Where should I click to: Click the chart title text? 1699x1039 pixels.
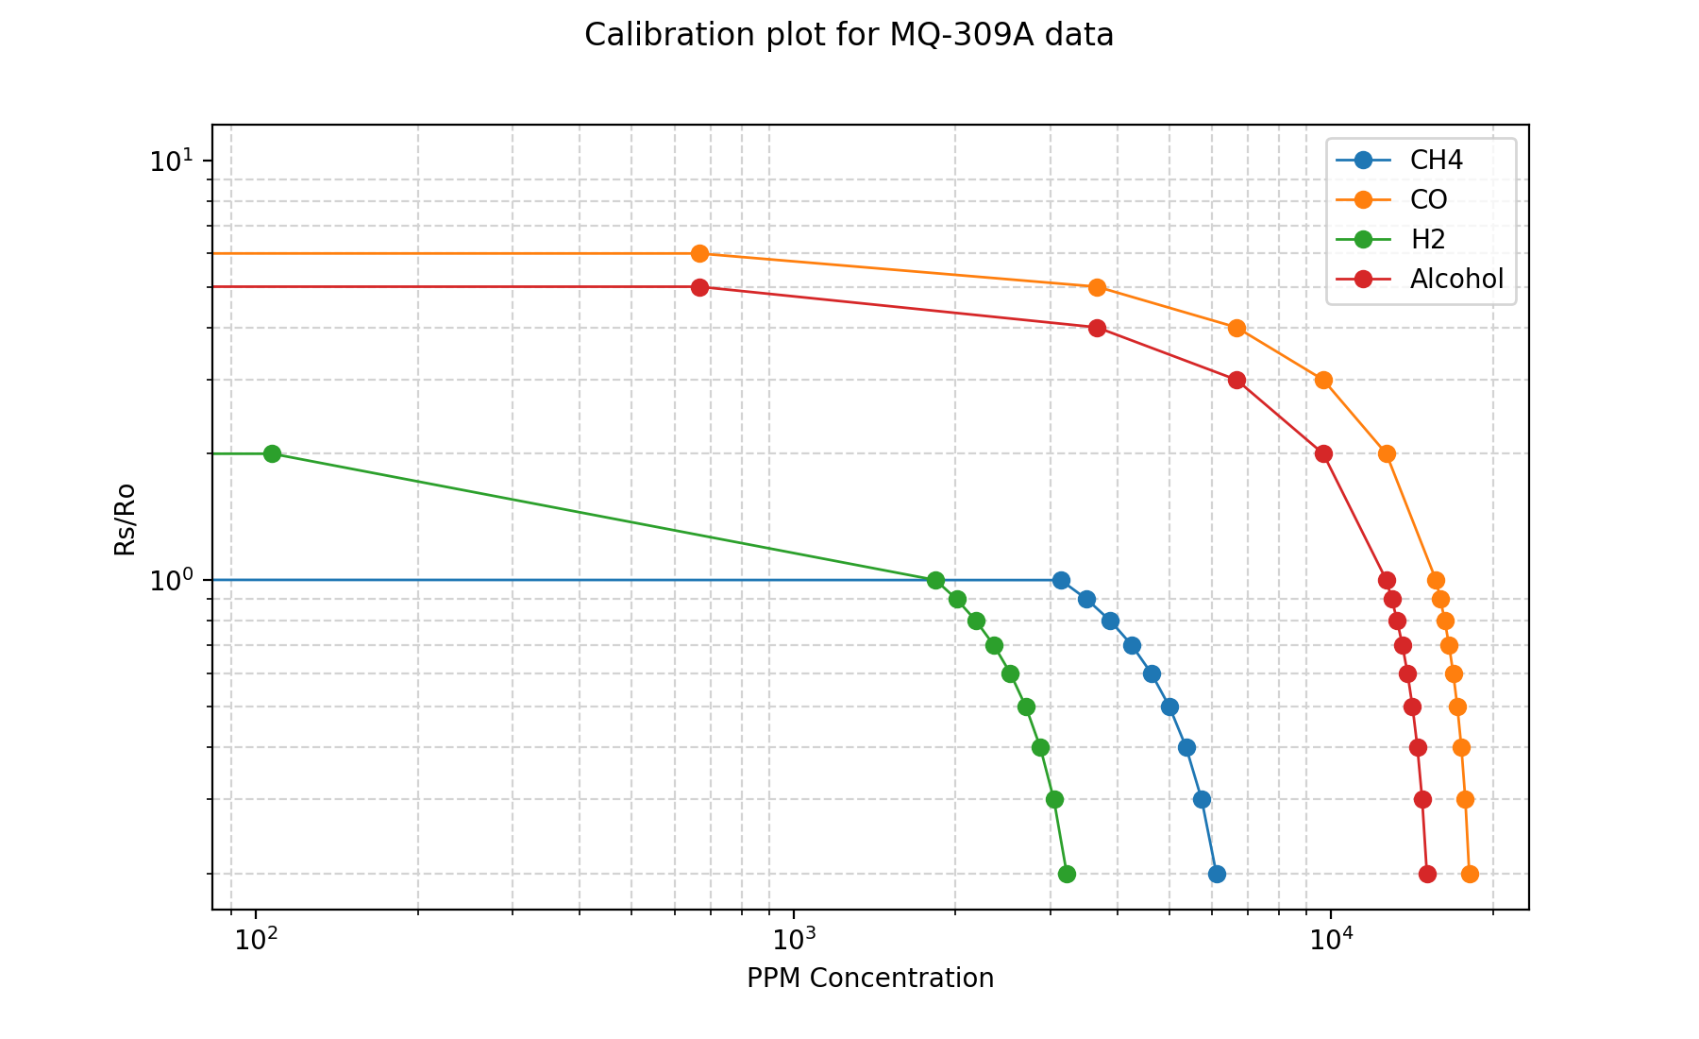coord(849,35)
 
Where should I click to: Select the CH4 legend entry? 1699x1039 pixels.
coord(1436,161)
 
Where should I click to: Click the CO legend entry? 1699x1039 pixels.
coord(1428,200)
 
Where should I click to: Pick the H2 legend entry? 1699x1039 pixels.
coord(1427,240)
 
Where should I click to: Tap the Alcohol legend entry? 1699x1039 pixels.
coord(1456,280)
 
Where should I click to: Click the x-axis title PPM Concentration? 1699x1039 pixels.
coord(869,979)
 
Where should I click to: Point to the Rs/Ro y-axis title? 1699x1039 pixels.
coord(126,519)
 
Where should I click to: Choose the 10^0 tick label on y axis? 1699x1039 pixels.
coord(169,579)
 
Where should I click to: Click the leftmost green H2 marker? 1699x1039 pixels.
coord(272,453)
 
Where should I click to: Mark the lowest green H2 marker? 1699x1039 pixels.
coord(1067,875)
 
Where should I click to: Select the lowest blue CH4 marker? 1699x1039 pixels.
coord(1217,875)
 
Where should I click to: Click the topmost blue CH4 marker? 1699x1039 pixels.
coord(1061,580)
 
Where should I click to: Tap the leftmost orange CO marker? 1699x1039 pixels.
coord(699,254)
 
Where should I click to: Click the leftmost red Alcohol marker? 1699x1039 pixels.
coord(699,287)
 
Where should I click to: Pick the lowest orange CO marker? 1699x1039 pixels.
coord(1470,875)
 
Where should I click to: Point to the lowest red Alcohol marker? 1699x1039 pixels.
coord(1427,875)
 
